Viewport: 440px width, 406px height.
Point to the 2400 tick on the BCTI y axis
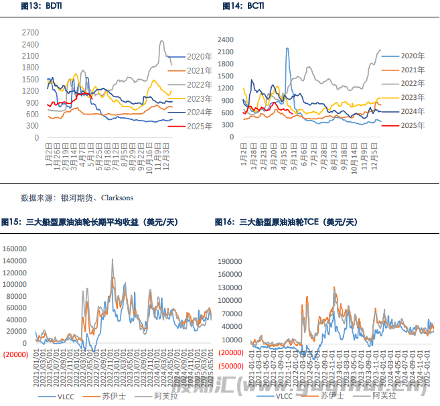coord(244,40)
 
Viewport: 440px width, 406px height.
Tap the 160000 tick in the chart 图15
coord(18,249)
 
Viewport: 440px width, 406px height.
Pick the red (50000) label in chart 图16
coord(230,366)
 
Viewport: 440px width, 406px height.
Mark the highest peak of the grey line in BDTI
coord(162,41)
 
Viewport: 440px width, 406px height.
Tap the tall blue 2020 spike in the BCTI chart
coord(287,48)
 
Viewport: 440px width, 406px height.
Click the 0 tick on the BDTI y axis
coord(37,137)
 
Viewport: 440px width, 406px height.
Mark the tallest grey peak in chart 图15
coord(112,259)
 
